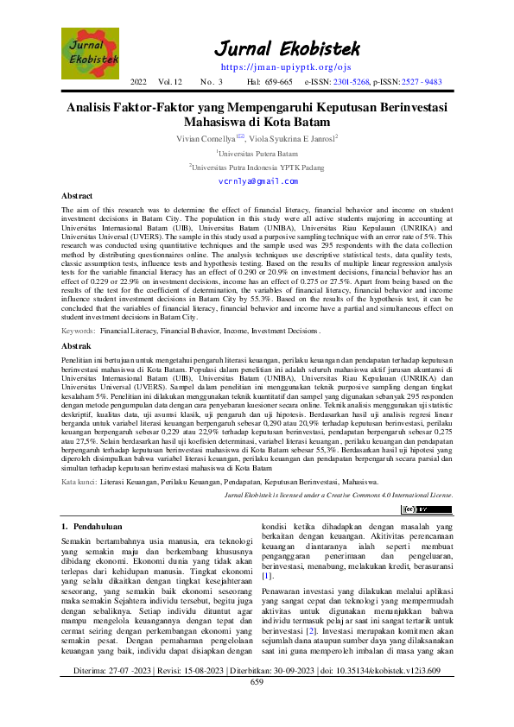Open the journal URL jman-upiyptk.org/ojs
coord(274,66)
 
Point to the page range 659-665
coord(276,82)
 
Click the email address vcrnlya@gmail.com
coord(257,181)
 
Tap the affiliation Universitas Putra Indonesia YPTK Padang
coord(257,168)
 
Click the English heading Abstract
coord(78,197)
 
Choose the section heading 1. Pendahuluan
coord(92,526)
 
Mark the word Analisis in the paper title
coord(95,107)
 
